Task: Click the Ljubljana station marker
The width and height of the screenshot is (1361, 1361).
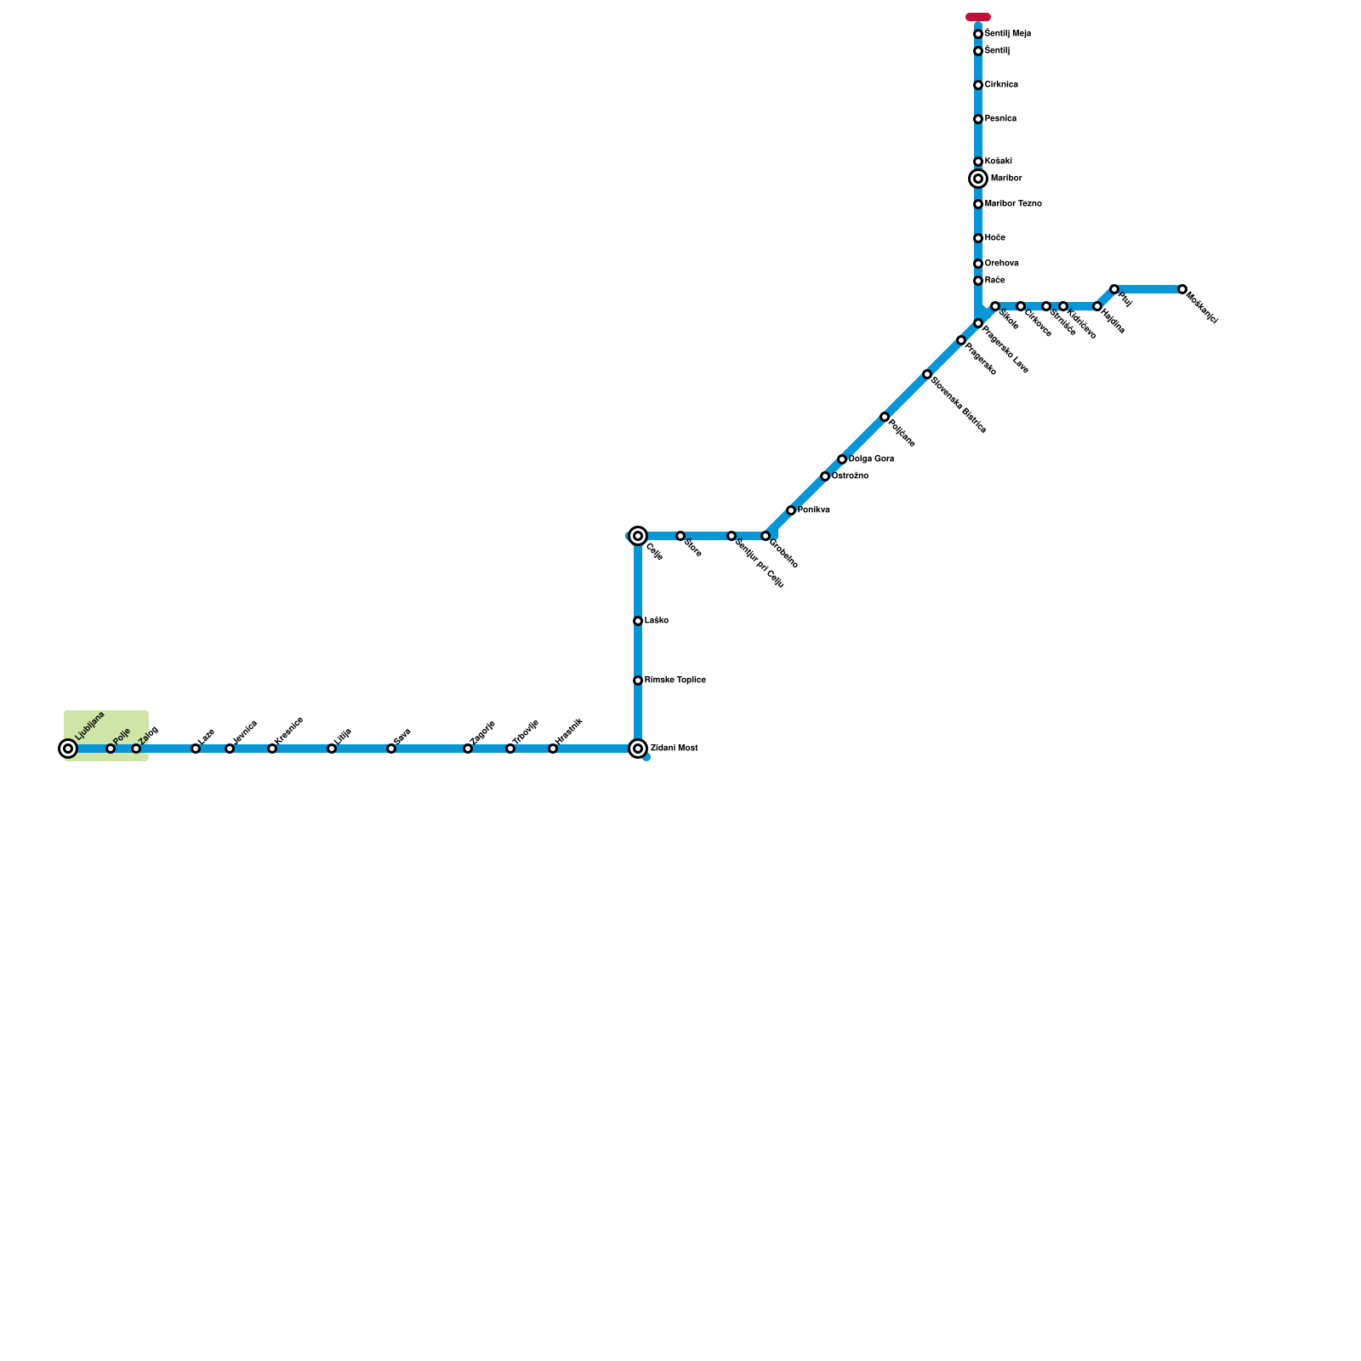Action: click(x=68, y=749)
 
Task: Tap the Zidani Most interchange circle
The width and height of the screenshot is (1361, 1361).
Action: click(x=638, y=749)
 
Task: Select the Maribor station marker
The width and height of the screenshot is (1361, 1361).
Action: click(x=978, y=179)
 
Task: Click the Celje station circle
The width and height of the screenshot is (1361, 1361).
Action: click(x=638, y=536)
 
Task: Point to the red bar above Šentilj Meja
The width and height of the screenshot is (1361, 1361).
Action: click(x=978, y=17)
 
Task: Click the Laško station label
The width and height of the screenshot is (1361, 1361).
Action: click(x=657, y=621)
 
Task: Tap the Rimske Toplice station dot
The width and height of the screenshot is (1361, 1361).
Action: click(x=638, y=680)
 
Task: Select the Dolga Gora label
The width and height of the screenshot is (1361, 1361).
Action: click(x=871, y=459)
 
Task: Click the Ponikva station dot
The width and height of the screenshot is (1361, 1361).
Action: click(x=791, y=510)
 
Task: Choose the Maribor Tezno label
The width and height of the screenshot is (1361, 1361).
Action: click(x=1013, y=204)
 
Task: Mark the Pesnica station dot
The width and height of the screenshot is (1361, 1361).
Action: click(x=978, y=119)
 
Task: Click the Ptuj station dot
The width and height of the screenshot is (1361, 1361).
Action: click(x=1114, y=289)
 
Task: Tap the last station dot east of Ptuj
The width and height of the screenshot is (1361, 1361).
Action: click(x=1182, y=289)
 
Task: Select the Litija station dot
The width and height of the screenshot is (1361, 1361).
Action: click(x=332, y=749)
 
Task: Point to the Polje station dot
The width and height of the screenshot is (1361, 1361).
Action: click(x=111, y=749)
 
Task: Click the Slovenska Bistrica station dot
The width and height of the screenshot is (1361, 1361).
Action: click(x=927, y=374)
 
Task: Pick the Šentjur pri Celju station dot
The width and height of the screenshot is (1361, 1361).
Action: click(x=732, y=536)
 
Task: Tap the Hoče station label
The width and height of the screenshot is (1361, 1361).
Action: click(x=995, y=238)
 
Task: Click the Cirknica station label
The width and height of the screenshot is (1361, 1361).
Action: click(x=1001, y=85)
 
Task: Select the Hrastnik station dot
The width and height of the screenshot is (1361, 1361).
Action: click(x=553, y=749)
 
